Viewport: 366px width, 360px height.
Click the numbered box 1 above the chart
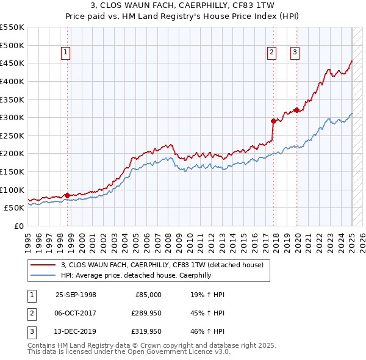65,53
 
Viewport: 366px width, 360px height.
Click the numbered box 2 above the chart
271,53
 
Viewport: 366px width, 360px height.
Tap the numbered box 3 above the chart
295,53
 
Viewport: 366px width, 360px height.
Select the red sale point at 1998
67,195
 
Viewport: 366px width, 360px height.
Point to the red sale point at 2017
273,121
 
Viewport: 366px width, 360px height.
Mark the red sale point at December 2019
297,110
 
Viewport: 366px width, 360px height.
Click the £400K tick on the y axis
12,81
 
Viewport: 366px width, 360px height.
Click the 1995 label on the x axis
28,240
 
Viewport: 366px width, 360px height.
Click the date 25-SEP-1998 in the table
76,295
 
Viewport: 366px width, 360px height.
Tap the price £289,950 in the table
145,314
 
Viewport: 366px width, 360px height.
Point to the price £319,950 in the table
145,333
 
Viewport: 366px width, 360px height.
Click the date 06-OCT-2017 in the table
76,314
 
